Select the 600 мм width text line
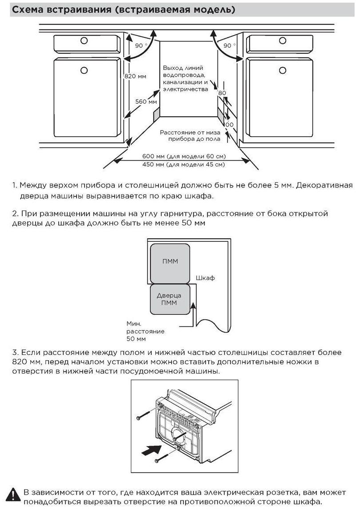tap(183, 157)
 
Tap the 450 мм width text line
tap(183, 165)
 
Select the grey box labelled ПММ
tap(170, 262)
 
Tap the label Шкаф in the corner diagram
tap(205, 278)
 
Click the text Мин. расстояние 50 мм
tap(139, 331)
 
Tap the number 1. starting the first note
tap(14, 185)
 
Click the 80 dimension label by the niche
tap(222, 93)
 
